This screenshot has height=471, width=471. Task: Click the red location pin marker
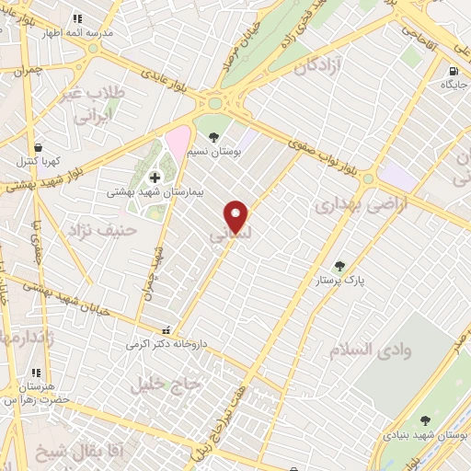[236, 216]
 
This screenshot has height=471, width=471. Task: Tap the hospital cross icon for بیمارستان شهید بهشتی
[154, 177]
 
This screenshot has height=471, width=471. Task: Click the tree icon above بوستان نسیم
[214, 138]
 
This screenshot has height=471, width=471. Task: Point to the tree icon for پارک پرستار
[339, 266]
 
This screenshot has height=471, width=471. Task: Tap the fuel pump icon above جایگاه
[452, 72]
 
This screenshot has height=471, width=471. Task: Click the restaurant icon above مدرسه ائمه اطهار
[77, 18]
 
